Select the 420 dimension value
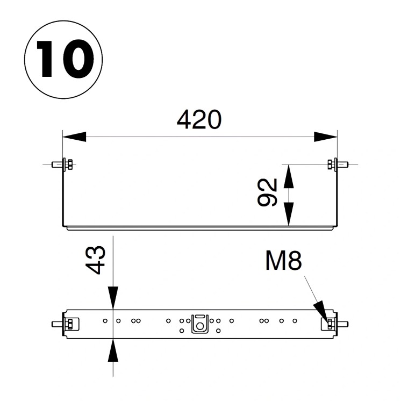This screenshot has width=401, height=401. (x=199, y=120)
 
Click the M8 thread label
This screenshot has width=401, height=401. (x=283, y=262)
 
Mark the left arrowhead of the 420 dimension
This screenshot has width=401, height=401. (x=74, y=137)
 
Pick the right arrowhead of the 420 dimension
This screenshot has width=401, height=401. (x=325, y=137)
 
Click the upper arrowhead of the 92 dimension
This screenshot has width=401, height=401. (x=289, y=176)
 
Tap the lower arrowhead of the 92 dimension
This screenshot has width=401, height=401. (x=289, y=214)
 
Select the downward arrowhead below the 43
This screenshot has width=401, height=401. (x=113, y=298)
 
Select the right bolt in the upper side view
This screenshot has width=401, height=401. (x=338, y=164)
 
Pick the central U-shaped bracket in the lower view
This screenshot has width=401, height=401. (x=200, y=323)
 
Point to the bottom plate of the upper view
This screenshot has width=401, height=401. (x=200, y=227)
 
